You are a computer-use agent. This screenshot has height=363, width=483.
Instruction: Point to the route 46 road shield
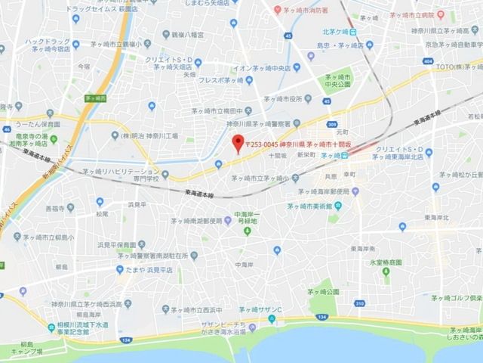(x=6, y=129)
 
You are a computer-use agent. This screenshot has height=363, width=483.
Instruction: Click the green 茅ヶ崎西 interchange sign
(x=94, y=98)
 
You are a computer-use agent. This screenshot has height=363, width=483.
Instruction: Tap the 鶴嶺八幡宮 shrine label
(x=189, y=34)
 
